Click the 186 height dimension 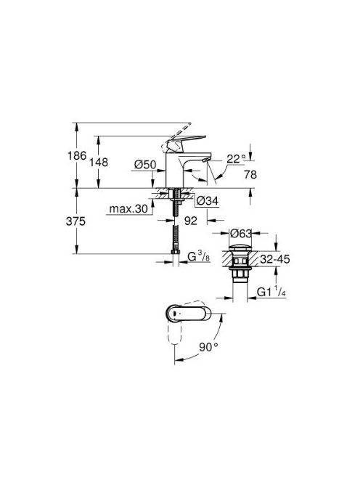point(77,156)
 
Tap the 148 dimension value point(99,163)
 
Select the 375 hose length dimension point(75,221)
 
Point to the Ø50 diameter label point(145,165)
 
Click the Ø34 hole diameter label point(207,201)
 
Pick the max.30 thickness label point(128,209)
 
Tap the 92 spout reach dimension point(191,221)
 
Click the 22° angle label point(236,159)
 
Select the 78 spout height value point(250,175)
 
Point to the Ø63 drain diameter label point(241,233)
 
